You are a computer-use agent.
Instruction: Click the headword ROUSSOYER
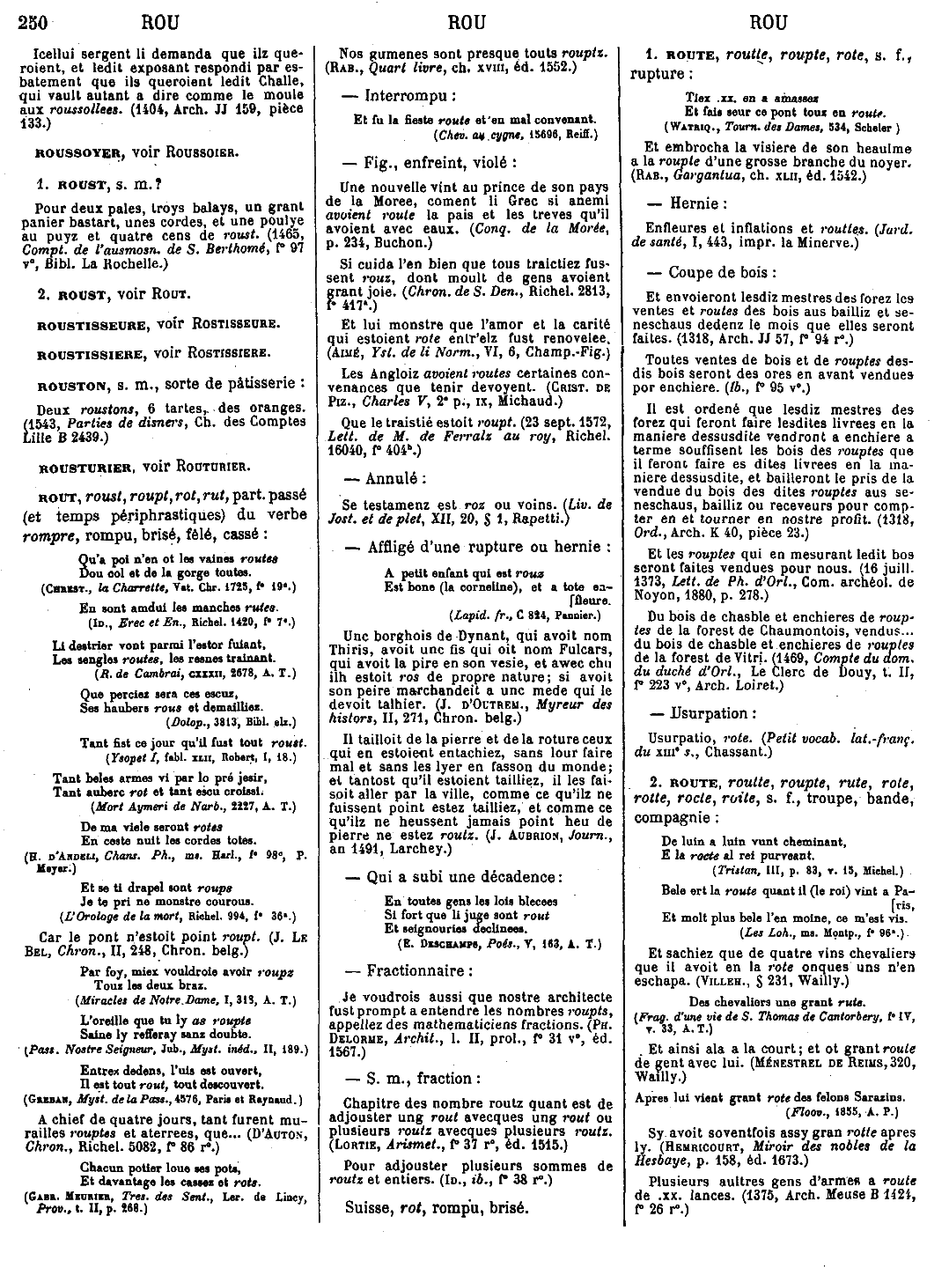77,151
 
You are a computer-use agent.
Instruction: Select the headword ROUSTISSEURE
91,324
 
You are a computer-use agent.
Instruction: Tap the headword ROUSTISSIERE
91,354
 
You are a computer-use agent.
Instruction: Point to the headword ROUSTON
70,386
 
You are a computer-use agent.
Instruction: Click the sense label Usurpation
712,713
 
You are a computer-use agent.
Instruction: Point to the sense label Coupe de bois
721,272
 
